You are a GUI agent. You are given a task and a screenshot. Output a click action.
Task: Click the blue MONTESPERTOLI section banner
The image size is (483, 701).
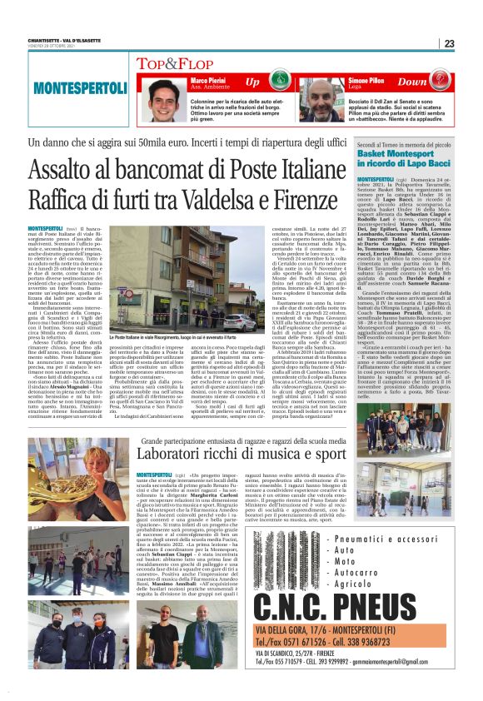(69, 87)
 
